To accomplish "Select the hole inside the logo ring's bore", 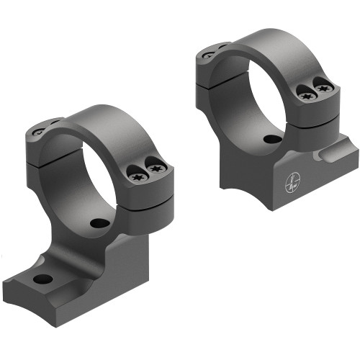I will pyautogui.click(x=272, y=139).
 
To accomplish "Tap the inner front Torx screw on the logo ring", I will pyautogui.click(x=305, y=91).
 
